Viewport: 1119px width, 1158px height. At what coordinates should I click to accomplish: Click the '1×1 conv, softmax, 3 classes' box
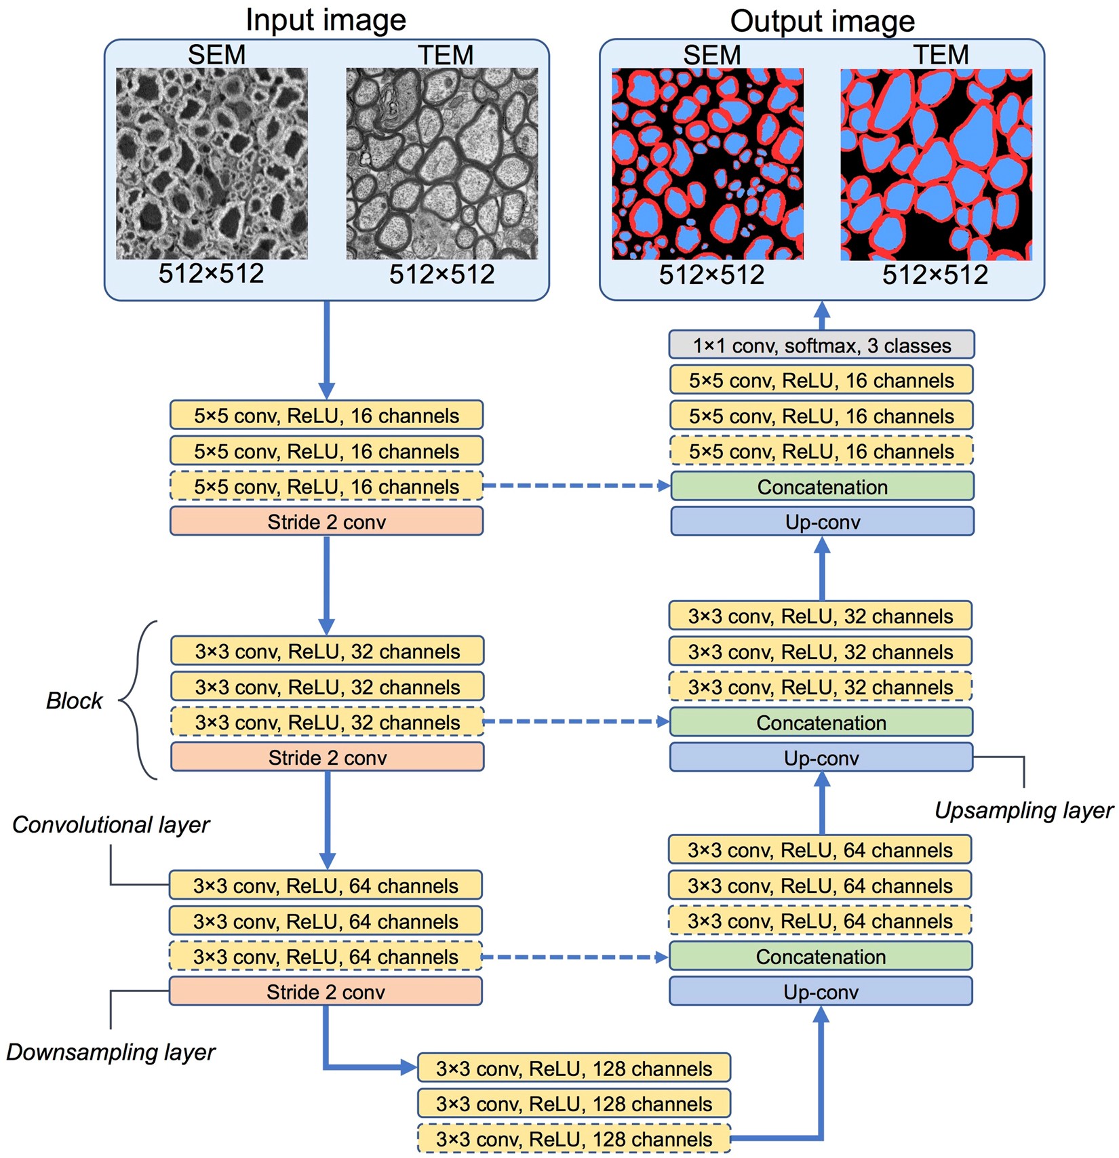click(821, 345)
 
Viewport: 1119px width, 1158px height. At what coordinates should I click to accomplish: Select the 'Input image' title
click(326, 20)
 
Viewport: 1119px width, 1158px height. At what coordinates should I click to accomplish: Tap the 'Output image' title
click(822, 21)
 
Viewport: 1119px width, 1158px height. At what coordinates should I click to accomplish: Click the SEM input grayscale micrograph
click(212, 163)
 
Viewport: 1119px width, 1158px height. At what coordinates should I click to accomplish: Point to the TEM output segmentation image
click(936, 165)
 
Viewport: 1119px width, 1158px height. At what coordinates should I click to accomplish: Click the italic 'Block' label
click(74, 700)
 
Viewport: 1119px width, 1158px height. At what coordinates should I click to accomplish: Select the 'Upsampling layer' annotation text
click(1023, 810)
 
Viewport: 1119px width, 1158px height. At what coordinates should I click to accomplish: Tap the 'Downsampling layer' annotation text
click(111, 1052)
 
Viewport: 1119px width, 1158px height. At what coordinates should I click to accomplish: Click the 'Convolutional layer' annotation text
click(111, 824)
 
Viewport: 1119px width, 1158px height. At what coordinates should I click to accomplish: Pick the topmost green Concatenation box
click(822, 487)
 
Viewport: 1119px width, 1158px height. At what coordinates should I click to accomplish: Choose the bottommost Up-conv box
click(821, 992)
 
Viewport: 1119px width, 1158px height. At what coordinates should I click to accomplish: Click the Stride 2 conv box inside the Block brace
click(327, 757)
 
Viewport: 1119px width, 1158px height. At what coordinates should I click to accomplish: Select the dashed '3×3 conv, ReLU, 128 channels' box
click(574, 1139)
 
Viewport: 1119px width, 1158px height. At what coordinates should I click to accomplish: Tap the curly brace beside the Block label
click(139, 700)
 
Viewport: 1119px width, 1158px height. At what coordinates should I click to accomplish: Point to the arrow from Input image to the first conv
click(326, 349)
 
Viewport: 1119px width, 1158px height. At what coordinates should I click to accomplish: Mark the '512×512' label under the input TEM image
click(441, 275)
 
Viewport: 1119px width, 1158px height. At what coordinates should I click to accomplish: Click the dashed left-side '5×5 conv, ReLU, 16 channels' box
click(326, 487)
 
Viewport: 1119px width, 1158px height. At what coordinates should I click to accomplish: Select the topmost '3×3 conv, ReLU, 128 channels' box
click(574, 1069)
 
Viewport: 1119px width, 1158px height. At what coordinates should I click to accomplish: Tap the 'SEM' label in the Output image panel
click(711, 55)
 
